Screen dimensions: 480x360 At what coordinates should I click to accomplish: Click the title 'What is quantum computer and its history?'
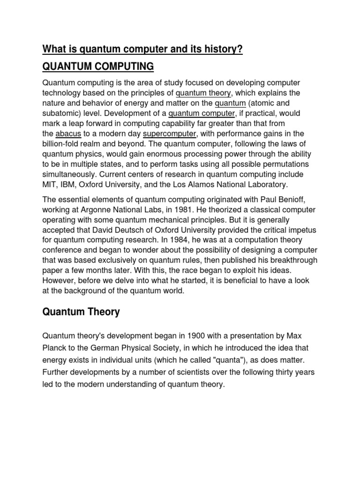(142, 49)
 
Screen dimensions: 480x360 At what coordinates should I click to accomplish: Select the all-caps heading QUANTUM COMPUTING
(98, 67)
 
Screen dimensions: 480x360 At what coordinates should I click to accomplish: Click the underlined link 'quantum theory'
(204, 92)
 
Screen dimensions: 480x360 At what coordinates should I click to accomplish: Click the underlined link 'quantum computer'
(202, 113)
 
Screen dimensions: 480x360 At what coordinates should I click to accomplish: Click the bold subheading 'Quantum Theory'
(81, 312)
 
